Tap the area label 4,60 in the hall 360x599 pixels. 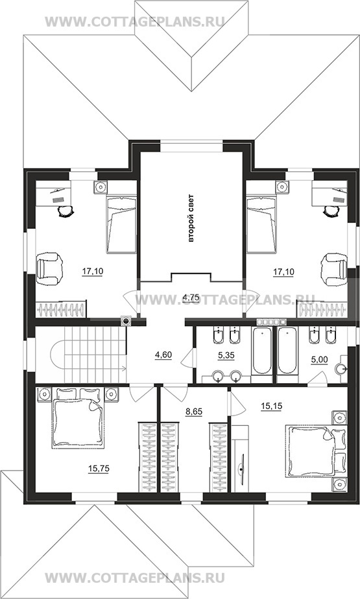coord(163,355)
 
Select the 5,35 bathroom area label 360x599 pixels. coord(226,355)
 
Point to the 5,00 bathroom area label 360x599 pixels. coord(319,360)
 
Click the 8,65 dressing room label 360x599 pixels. coord(194,412)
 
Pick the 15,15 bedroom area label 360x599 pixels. coord(271,406)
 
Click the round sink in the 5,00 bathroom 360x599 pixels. coord(341,369)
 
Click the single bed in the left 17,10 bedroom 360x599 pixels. coord(121,224)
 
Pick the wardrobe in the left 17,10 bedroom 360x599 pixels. coord(61,309)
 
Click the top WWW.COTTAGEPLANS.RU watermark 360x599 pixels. coord(134,21)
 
